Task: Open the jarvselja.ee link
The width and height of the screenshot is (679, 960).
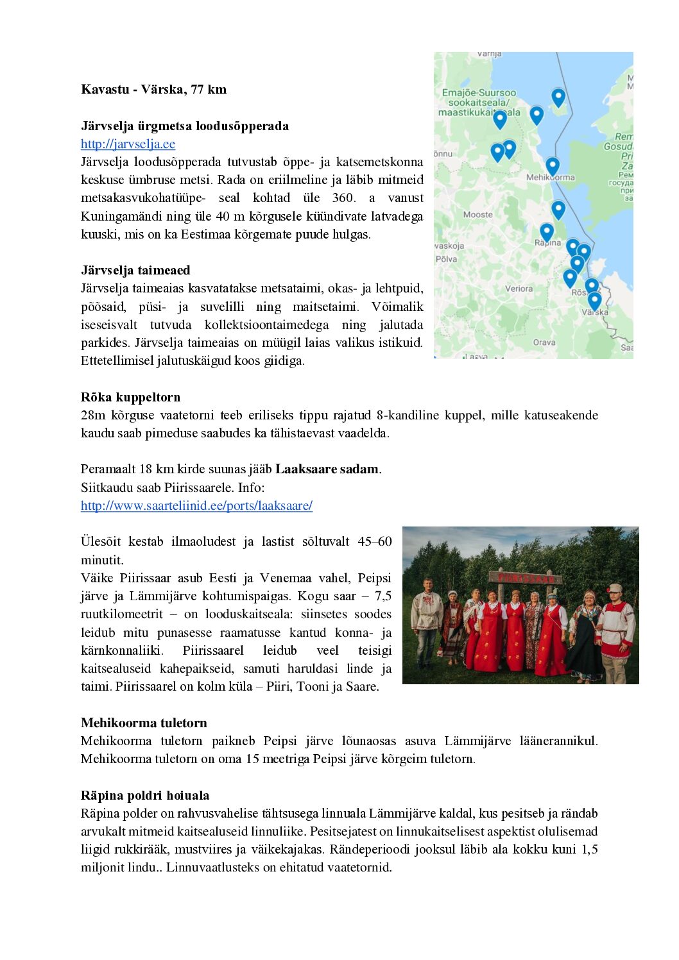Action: (x=128, y=144)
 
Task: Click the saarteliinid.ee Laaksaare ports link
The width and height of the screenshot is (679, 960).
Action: (x=196, y=505)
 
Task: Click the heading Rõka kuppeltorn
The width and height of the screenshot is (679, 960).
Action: (x=130, y=397)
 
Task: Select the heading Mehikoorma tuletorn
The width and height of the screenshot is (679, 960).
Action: (x=144, y=723)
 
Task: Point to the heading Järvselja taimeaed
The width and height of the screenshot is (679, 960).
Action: (x=135, y=270)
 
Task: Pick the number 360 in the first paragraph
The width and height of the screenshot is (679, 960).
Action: (x=343, y=198)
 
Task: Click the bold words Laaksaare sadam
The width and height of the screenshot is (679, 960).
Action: (x=327, y=469)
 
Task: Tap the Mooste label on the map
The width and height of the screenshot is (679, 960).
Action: (x=477, y=215)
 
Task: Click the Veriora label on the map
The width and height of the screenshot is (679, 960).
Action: (x=519, y=289)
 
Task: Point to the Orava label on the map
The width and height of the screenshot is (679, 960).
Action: (x=544, y=342)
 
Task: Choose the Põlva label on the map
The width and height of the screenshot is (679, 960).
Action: (x=446, y=259)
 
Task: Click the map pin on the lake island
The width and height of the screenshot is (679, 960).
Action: (x=558, y=97)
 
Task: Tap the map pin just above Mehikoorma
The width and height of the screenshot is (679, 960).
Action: (x=553, y=165)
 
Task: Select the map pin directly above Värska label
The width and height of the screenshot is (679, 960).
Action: (x=595, y=299)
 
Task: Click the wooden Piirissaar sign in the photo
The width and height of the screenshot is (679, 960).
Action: (x=526, y=578)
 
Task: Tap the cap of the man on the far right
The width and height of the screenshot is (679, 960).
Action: (x=615, y=587)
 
